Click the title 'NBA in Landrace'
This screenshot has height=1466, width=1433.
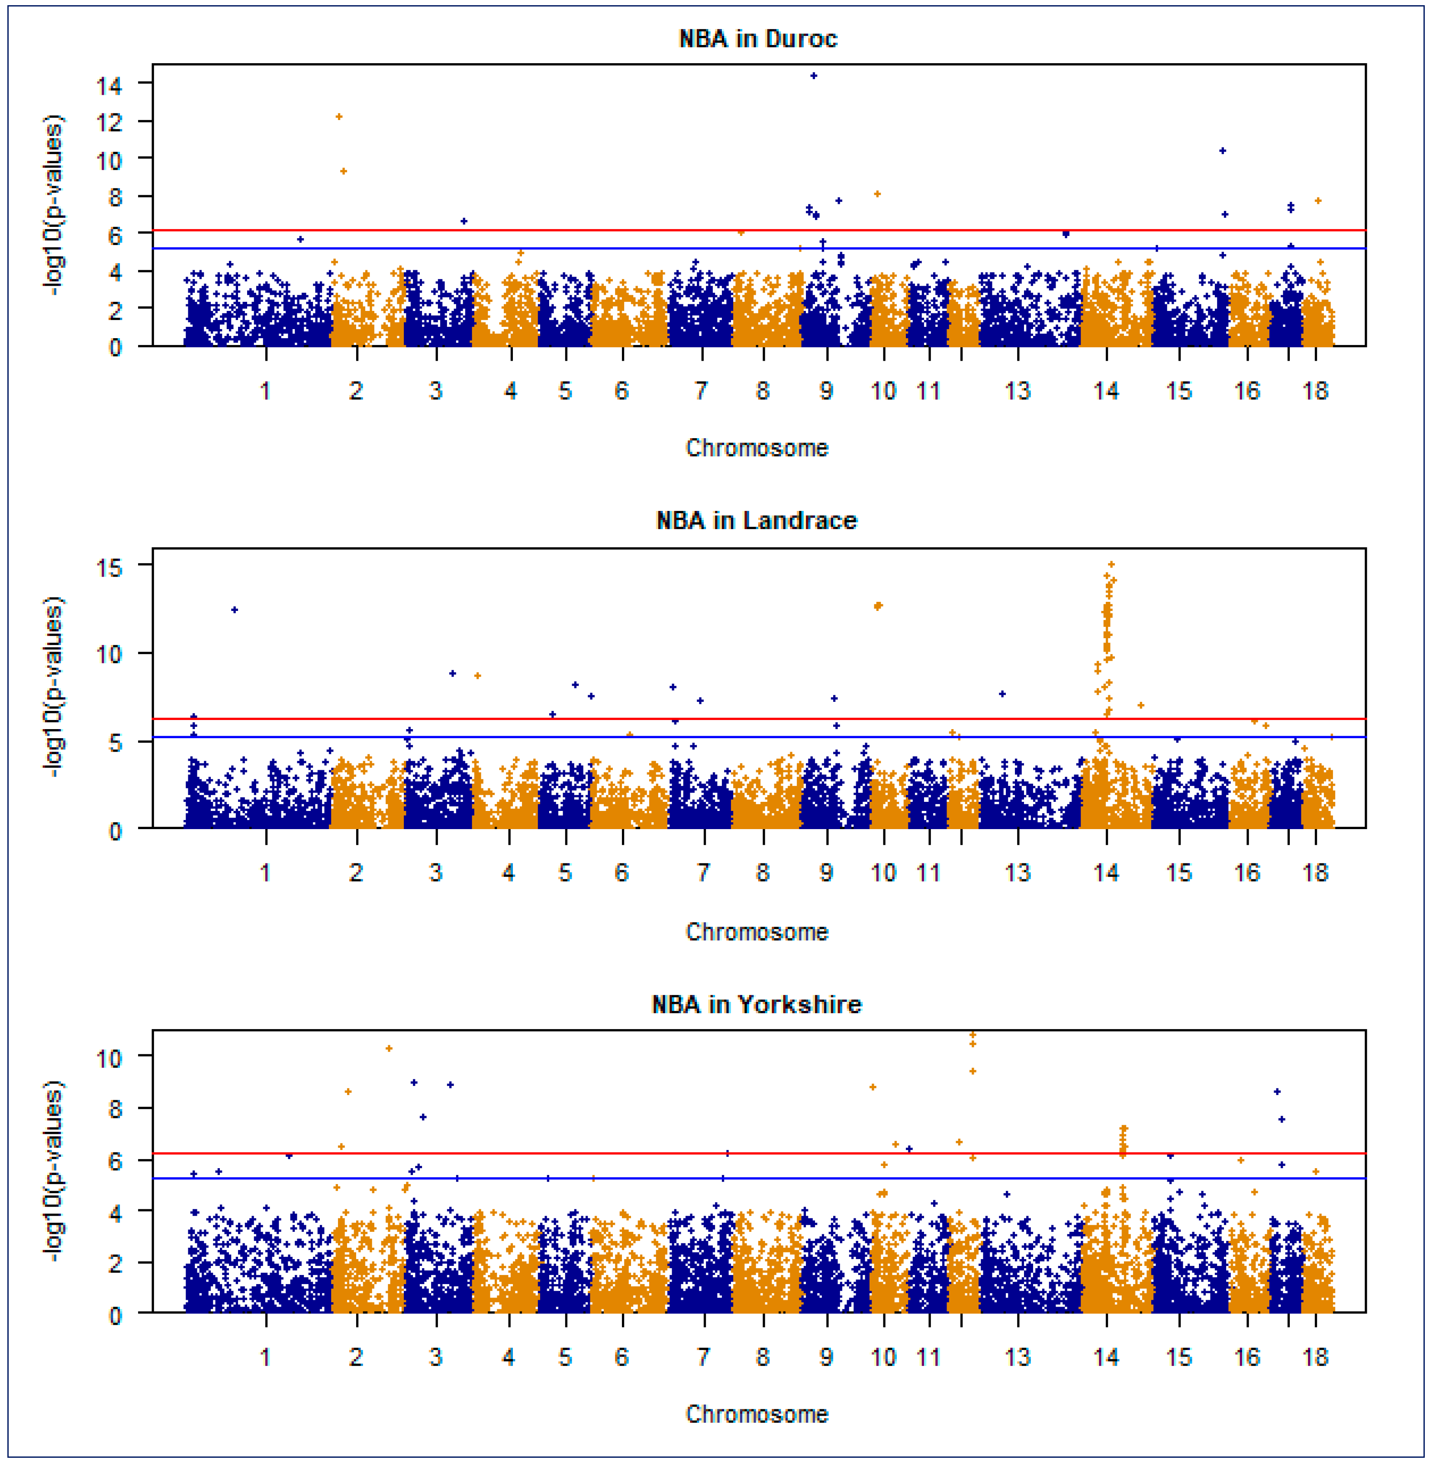[757, 520]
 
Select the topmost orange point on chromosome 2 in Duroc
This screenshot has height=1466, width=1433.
[339, 117]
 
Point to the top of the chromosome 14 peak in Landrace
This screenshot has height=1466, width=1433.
[1111, 564]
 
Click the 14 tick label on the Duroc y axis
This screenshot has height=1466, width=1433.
[109, 85]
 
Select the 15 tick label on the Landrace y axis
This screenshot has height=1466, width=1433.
[109, 567]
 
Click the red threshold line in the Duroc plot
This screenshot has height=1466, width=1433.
[602, 230]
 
